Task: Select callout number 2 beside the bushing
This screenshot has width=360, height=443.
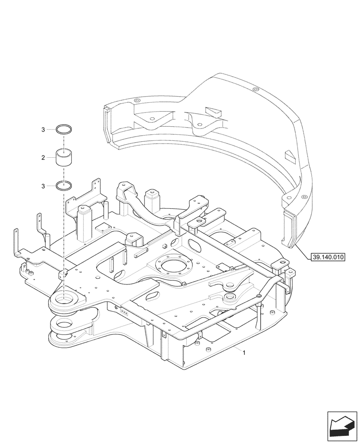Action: (43, 158)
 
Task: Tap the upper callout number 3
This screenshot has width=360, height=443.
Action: (43, 129)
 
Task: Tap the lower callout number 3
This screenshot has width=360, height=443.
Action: (43, 186)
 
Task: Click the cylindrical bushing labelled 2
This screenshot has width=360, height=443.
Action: (64, 158)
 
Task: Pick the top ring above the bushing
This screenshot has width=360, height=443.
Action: (64, 129)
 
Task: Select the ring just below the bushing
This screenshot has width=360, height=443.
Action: (64, 186)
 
